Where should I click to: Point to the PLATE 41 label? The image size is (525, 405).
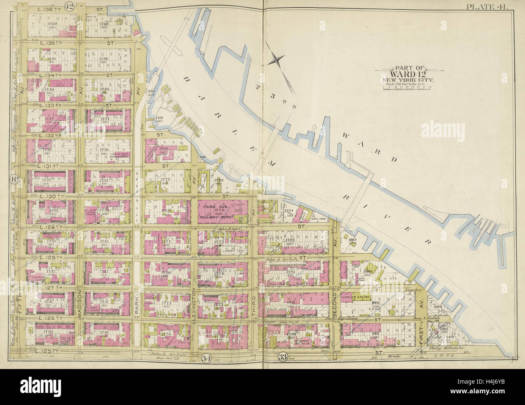coord(489,6)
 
